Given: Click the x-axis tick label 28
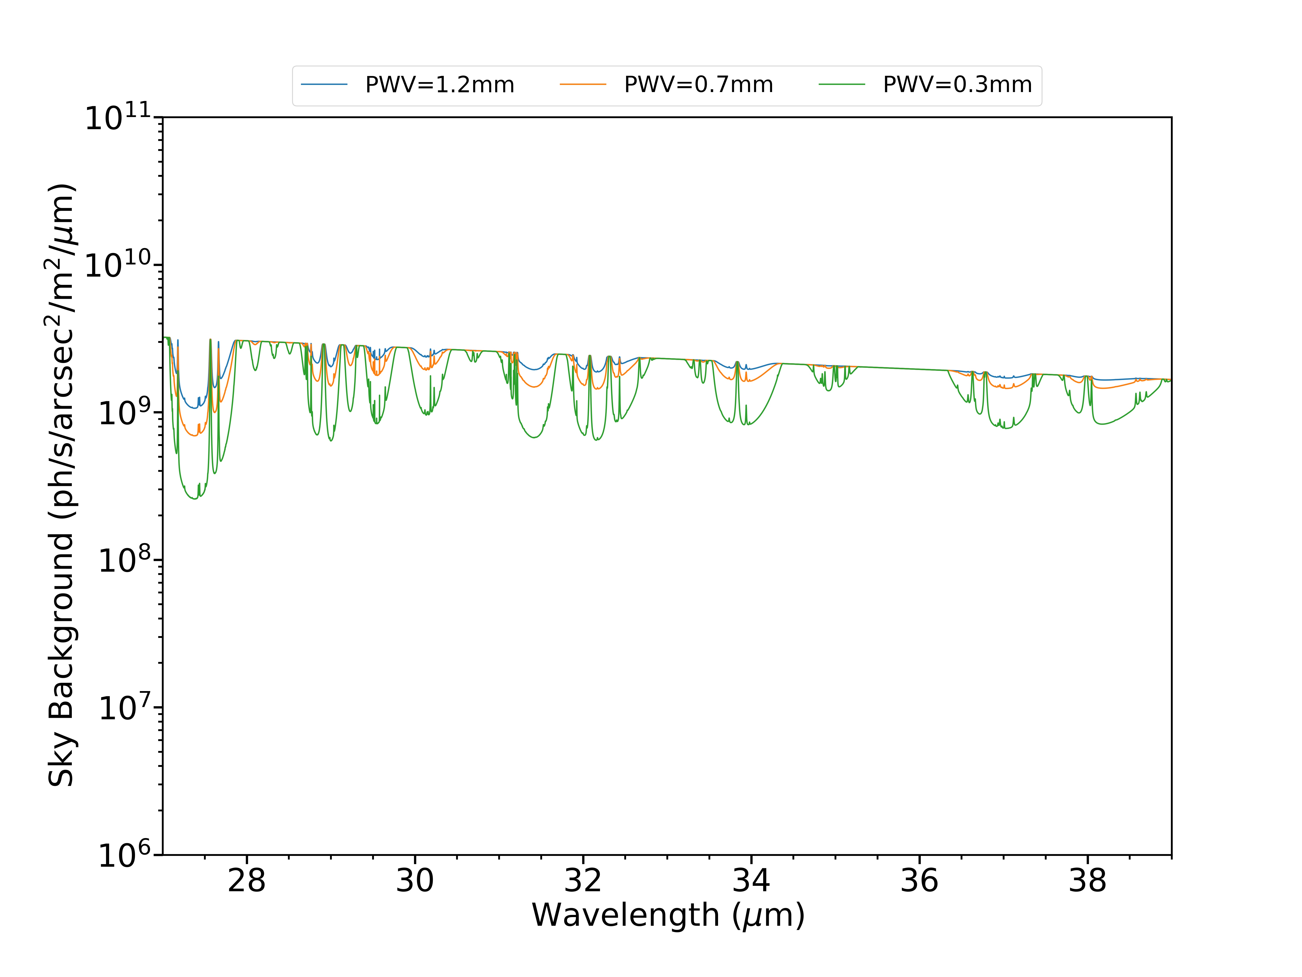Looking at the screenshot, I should pyautogui.click(x=247, y=881).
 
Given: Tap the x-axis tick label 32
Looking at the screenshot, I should pyautogui.click(x=583, y=881).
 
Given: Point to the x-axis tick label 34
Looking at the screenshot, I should pyautogui.click(x=751, y=881).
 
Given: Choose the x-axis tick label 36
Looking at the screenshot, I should pyautogui.click(x=919, y=881).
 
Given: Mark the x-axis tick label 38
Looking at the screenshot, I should pyautogui.click(x=1087, y=881).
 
